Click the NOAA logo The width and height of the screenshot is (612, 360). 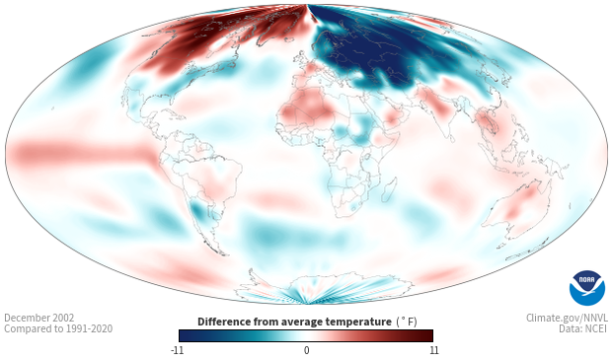(587, 288)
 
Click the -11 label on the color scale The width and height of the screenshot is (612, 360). (178, 350)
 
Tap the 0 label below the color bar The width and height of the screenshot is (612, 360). (306, 350)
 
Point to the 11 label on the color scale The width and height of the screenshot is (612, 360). (433, 350)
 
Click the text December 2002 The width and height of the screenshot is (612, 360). (39, 318)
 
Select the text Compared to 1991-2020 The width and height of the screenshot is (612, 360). (58, 328)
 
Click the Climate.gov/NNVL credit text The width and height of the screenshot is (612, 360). (567, 318)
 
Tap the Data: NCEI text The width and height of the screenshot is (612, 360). (583, 328)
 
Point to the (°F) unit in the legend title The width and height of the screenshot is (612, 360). (407, 322)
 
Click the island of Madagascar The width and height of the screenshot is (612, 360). (389, 189)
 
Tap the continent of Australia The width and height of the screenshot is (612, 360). (515, 209)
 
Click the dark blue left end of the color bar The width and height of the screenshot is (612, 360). (185, 335)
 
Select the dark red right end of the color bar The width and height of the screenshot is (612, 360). (427, 335)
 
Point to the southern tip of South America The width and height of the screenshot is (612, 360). (223, 254)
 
